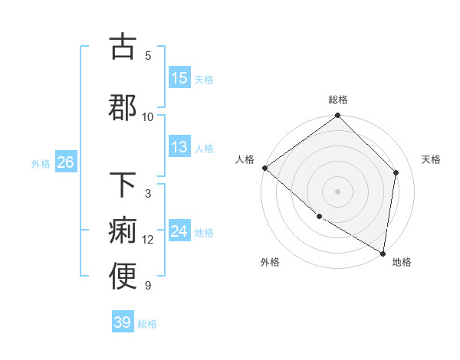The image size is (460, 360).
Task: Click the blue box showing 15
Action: (179, 78)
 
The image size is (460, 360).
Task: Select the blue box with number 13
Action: (179, 148)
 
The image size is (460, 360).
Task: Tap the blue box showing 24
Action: (179, 231)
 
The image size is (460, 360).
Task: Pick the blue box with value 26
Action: (65, 162)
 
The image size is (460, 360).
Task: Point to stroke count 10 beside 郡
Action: (148, 116)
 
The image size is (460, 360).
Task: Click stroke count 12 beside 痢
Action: (148, 240)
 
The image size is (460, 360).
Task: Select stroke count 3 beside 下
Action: (148, 194)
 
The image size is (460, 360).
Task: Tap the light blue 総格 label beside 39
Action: (147, 324)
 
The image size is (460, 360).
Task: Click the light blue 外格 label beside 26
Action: (41, 163)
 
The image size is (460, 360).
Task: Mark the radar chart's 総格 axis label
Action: (338, 100)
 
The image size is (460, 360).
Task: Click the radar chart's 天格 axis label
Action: (431, 159)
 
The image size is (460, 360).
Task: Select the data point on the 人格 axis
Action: (264, 168)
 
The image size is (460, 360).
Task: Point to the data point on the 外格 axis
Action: (319, 217)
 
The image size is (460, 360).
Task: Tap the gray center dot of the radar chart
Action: (338, 191)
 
